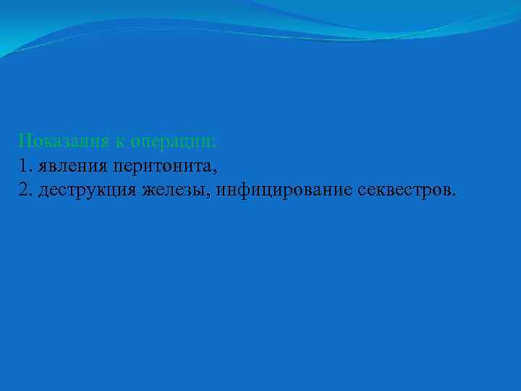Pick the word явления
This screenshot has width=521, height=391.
72,166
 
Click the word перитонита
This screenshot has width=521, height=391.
161,166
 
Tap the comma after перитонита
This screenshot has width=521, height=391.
215,170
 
